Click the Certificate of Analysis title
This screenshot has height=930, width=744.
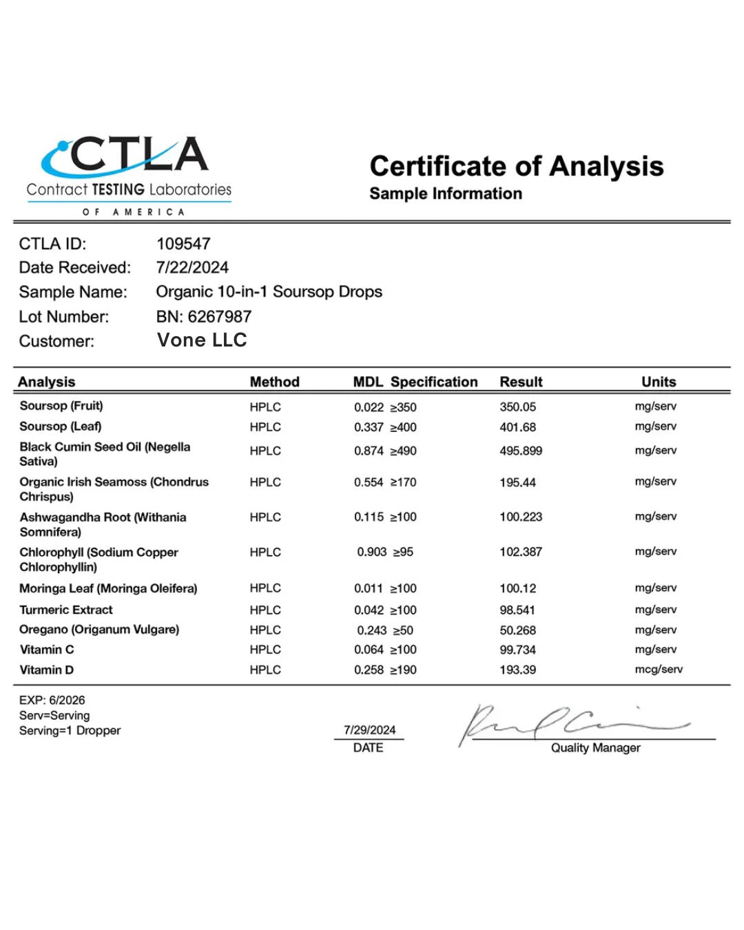click(x=516, y=166)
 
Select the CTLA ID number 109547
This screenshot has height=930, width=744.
click(x=183, y=244)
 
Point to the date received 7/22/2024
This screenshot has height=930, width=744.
click(x=192, y=267)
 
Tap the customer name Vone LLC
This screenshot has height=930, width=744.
click(x=202, y=340)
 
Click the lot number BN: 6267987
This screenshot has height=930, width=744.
click(x=203, y=317)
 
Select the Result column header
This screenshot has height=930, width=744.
click(x=521, y=382)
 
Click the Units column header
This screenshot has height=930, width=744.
click(x=659, y=382)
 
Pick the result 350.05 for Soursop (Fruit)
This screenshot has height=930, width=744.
click(x=517, y=407)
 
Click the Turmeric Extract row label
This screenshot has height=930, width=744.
click(x=66, y=610)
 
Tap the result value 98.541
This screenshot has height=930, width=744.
click(x=517, y=610)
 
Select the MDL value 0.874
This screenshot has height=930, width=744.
click(x=369, y=451)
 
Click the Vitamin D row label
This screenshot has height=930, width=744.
click(x=47, y=670)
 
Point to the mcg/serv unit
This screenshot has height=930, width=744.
click(x=659, y=670)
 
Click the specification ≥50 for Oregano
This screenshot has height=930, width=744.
click(x=403, y=630)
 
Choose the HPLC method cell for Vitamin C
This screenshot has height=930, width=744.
click(x=265, y=650)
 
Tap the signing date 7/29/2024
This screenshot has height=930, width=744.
click(x=369, y=730)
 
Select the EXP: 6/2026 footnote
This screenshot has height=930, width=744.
click(x=52, y=700)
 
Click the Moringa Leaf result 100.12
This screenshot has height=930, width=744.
click(x=517, y=588)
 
